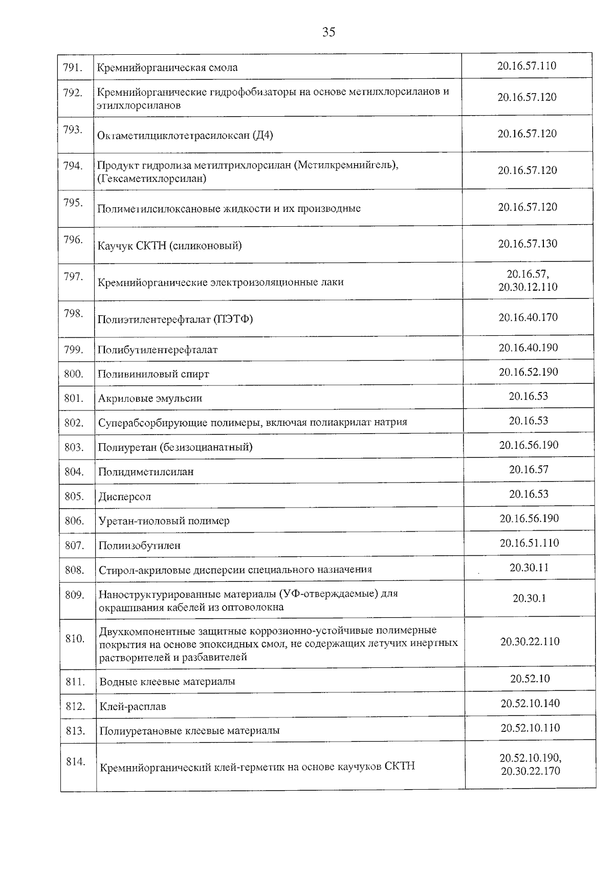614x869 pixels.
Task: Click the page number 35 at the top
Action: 329,32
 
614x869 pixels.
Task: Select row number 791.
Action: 73,68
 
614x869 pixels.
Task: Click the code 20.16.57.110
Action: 527,66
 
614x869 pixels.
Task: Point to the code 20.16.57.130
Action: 528,244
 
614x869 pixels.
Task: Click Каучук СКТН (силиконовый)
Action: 169,246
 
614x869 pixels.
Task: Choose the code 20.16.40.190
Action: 528,348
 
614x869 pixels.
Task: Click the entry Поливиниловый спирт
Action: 153,374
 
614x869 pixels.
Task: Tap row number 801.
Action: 74,398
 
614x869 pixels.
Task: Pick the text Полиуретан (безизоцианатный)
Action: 175,447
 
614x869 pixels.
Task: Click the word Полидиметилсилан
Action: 146,472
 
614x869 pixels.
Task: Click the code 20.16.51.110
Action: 529,543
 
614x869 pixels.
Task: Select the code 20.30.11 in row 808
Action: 529,568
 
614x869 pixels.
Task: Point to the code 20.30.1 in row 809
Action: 529,598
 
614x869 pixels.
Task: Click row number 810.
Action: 75,639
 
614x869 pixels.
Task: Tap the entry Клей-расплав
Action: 133,707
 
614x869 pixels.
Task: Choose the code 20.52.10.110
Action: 530,728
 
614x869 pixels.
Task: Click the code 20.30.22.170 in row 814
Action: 530,771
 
